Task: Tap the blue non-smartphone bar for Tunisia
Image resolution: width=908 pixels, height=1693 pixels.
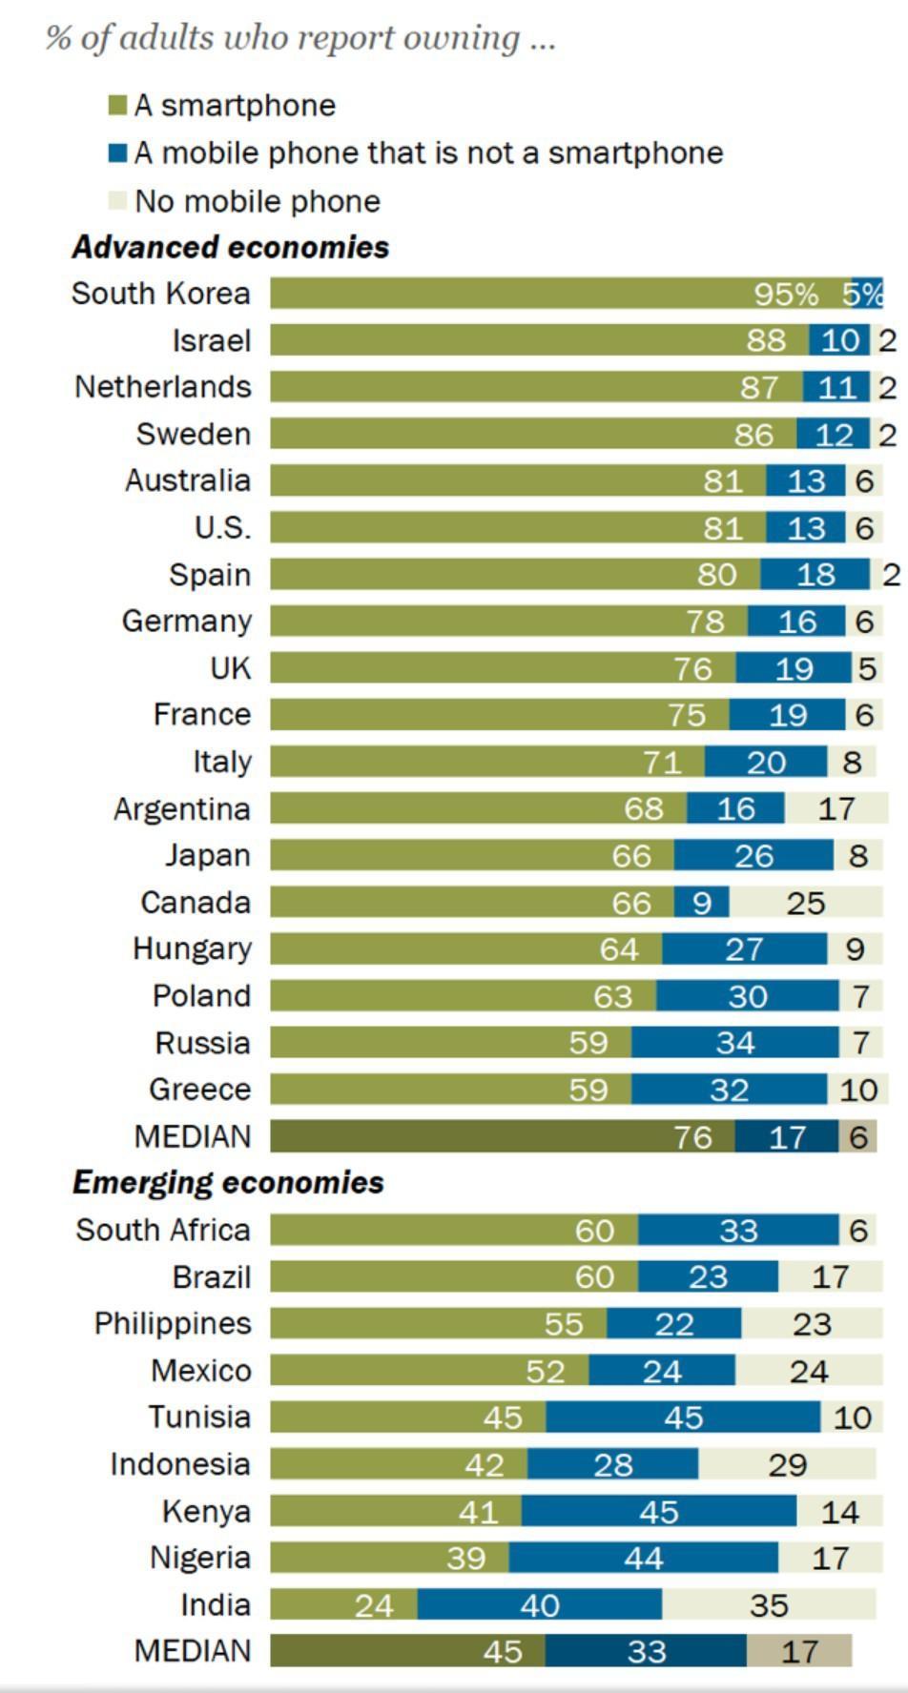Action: pos(683,1418)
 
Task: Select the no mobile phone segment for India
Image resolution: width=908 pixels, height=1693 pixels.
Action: pos(769,1605)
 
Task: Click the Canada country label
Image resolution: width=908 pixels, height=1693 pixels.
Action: pos(196,902)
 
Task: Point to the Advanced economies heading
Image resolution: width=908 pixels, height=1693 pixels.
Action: pos(231,247)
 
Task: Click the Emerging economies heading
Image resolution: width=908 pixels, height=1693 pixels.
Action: pos(228,1182)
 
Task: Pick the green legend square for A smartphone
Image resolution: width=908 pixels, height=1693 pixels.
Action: pos(117,105)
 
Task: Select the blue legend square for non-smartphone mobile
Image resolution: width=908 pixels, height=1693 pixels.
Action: pos(117,153)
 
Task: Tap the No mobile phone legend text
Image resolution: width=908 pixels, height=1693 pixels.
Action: pos(258,201)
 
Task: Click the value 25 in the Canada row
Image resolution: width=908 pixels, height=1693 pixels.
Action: pos(805,903)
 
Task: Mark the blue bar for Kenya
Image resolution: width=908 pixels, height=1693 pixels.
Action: pos(658,1511)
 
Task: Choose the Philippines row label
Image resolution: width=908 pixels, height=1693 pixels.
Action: pos(173,1323)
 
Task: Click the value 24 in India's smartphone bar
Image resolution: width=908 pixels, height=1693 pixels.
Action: pos(374,1606)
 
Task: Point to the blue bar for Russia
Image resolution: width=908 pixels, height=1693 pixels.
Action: pos(734,1043)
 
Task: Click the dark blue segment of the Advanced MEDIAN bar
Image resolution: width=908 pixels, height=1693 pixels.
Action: pos(786,1136)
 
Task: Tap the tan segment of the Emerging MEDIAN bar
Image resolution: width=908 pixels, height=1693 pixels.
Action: pos(799,1651)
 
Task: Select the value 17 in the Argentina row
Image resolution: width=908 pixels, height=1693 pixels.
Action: pos(836,809)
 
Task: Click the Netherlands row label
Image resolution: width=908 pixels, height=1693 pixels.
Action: pos(163,387)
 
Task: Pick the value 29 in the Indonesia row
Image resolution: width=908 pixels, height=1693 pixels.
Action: pos(787,1464)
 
